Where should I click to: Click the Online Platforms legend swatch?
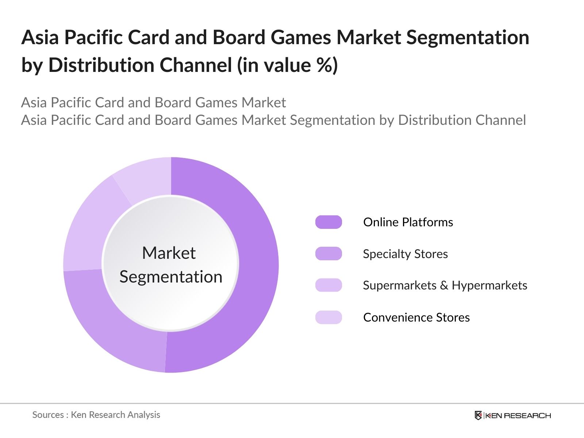pos(328,222)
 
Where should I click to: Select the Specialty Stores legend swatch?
pos(328,254)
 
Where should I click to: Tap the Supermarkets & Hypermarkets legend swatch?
pos(328,285)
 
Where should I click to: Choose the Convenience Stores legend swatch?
pos(328,317)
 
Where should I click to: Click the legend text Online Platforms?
pos(408,222)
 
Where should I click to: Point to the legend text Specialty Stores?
pos(405,254)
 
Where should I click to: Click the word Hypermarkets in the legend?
pos(489,285)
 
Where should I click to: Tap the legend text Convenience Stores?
pos(416,317)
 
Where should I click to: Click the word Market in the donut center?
pos(169,253)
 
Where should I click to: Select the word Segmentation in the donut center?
pos(171,277)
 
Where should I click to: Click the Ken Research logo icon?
pos(478,415)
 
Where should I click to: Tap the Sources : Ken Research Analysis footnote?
pos(96,415)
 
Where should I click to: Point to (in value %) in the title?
pos(287,65)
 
